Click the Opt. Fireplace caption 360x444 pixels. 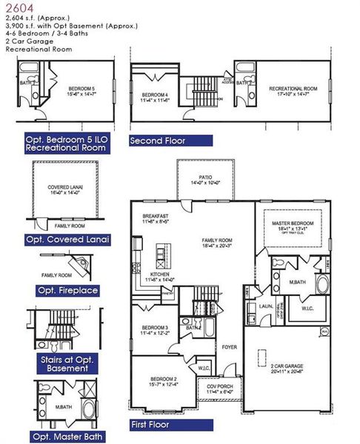(x=67, y=291)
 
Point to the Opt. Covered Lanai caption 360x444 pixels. (x=67, y=240)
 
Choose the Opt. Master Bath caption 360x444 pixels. (x=69, y=437)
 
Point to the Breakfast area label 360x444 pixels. (x=156, y=216)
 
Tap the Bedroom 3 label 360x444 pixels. (x=155, y=329)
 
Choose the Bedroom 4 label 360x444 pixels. (x=156, y=95)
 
